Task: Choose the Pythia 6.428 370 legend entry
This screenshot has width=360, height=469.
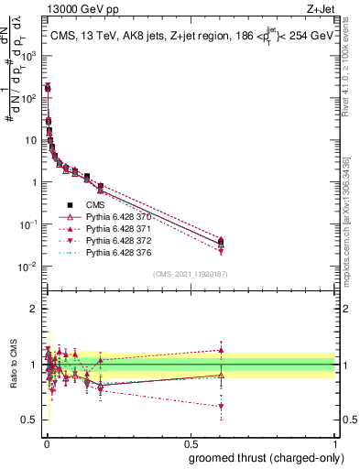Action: pos(120,217)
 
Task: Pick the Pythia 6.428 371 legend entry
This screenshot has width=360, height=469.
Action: pos(120,229)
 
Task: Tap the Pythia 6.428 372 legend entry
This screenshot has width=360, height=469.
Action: pos(120,241)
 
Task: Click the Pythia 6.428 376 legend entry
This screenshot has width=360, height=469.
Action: pos(120,253)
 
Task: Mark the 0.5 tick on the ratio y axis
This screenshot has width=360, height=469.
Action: pos(33,420)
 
